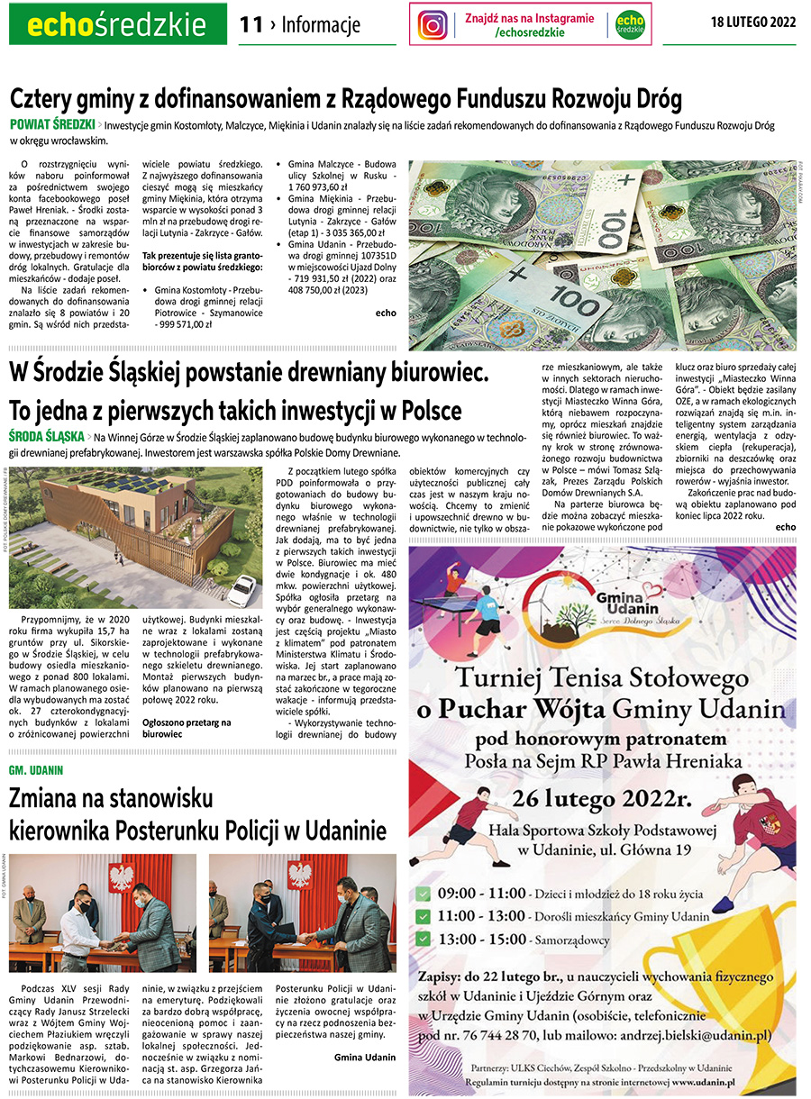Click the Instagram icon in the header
433,24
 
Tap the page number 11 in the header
251,24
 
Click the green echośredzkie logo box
117,24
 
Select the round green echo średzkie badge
630,24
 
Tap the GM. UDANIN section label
36,771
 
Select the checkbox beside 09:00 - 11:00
422,895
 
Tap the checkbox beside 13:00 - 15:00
422,939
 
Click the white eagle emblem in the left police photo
120,876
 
